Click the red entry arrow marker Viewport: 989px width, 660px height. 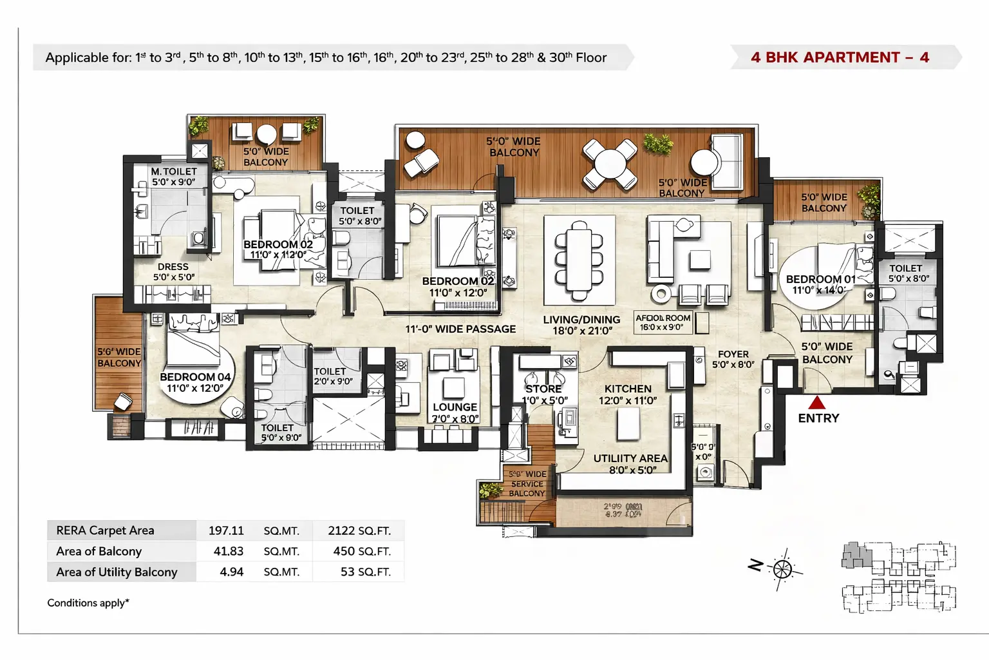coord(816,403)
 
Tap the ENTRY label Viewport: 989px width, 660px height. coord(818,418)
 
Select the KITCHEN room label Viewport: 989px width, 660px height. coord(628,389)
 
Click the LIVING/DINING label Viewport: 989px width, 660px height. coord(581,320)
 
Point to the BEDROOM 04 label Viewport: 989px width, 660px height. coord(195,377)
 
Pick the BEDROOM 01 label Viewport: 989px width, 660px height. coord(820,279)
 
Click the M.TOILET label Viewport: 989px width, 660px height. coord(174,171)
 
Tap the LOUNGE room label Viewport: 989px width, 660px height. coord(455,407)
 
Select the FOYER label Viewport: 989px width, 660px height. coord(733,354)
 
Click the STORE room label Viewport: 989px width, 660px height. coord(543,389)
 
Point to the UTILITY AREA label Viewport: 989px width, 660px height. coord(630,458)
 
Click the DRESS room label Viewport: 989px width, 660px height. coord(173,267)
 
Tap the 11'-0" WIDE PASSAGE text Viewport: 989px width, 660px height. coord(460,329)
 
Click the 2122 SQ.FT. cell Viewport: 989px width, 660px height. coord(359,530)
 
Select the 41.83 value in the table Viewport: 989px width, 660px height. coord(228,551)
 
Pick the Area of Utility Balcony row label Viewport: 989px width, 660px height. coord(117,572)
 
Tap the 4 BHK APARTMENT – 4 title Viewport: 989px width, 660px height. coord(840,57)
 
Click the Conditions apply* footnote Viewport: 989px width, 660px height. coord(88,603)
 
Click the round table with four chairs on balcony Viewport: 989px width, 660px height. coord(609,163)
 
